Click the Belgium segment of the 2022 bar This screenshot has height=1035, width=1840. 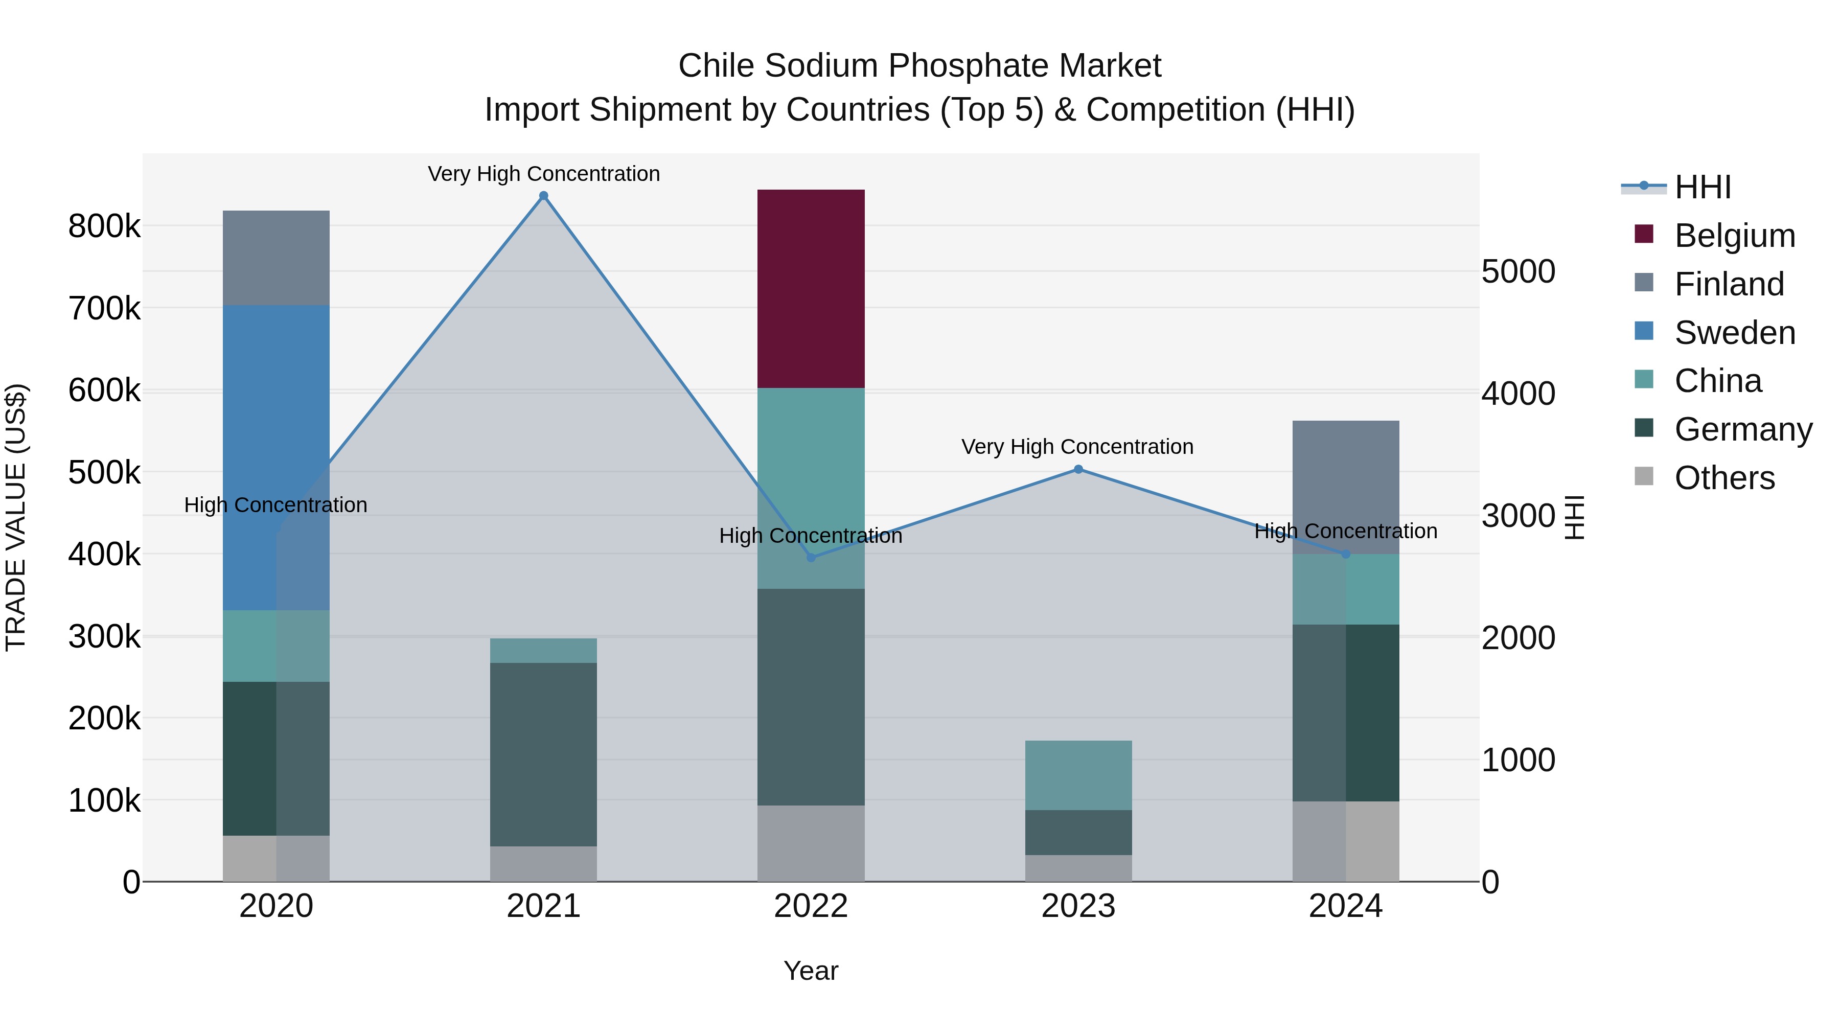(811, 289)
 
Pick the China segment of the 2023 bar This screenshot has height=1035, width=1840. (1078, 775)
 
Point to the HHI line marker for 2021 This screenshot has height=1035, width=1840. (544, 196)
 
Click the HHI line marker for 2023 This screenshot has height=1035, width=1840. (1078, 469)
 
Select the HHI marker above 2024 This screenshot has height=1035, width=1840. (1346, 554)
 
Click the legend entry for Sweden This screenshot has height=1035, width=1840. (1734, 333)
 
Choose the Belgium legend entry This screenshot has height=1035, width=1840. (1734, 236)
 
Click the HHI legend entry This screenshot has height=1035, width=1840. (1702, 187)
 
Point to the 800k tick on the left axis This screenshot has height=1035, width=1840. (104, 226)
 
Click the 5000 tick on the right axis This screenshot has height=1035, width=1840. (1518, 271)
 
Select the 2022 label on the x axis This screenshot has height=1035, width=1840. (811, 906)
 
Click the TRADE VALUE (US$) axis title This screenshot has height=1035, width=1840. (16, 517)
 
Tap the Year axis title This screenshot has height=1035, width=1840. (811, 971)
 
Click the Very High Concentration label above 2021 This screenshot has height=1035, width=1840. (544, 174)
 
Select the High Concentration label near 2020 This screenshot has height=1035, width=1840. (275, 505)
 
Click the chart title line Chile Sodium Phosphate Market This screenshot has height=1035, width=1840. (919, 66)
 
